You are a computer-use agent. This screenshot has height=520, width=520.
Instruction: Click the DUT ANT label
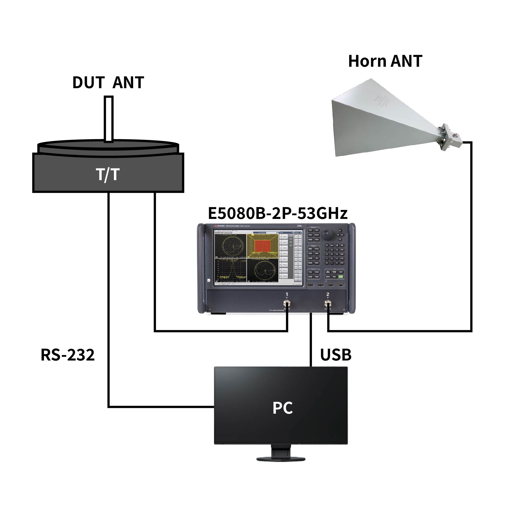click(108, 82)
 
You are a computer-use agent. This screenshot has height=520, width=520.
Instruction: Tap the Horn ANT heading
click(385, 61)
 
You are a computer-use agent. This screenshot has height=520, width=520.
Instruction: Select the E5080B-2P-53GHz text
click(277, 213)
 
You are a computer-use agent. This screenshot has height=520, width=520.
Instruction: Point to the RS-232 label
click(68, 355)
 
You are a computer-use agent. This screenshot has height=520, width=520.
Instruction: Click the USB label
click(336, 355)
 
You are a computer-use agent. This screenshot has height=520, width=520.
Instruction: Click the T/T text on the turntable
click(108, 174)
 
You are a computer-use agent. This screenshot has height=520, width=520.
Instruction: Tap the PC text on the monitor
click(282, 408)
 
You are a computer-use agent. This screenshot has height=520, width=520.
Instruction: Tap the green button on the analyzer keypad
click(341, 276)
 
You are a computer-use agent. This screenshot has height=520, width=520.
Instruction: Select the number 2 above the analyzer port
click(328, 294)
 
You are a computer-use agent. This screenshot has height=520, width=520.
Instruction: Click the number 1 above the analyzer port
click(287, 294)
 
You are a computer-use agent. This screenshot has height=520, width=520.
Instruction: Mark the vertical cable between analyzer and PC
click(311, 339)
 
